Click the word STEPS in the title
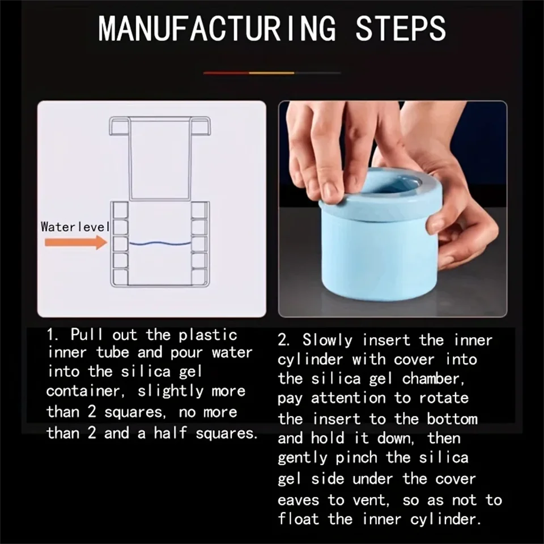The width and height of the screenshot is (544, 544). click(x=401, y=29)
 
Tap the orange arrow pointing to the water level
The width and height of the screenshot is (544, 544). click(x=76, y=243)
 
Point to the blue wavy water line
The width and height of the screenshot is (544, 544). click(x=159, y=244)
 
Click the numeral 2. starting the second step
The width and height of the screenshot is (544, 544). click(x=284, y=341)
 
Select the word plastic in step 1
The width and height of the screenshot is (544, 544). click(x=208, y=335)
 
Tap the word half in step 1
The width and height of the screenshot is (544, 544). click(x=172, y=434)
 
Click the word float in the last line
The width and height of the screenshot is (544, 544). click(x=299, y=519)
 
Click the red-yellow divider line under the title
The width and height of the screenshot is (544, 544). click(x=272, y=73)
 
